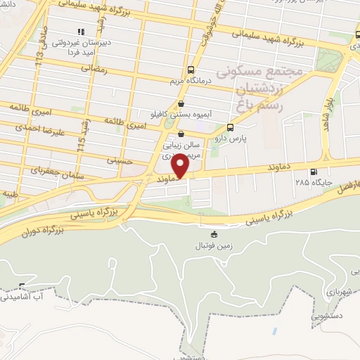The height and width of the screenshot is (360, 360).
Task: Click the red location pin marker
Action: coord(181,166)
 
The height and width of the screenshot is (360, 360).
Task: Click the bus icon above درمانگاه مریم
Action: coord(191,70)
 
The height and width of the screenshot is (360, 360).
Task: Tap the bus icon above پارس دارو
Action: coord(231,127)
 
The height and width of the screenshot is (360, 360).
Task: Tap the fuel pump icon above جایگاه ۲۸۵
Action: coord(313,171)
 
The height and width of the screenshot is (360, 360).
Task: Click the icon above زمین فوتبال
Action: coord(214,234)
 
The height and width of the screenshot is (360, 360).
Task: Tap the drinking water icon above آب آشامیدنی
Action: coord(21,286)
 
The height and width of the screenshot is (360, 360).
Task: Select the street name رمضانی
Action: coord(92,69)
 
